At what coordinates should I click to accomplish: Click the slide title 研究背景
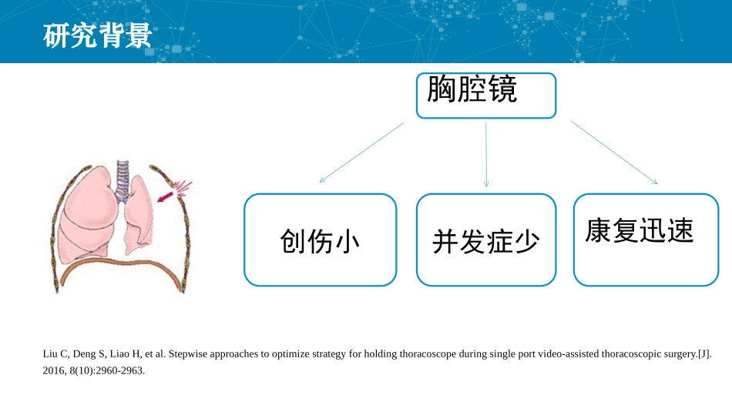(97, 35)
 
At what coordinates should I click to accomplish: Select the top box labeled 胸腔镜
(485, 95)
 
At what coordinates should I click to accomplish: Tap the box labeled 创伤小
(320, 240)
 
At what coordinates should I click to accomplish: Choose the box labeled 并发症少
(485, 240)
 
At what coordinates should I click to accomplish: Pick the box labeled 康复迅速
(646, 239)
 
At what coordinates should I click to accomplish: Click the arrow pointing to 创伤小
(361, 152)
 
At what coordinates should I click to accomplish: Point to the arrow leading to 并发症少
(485, 154)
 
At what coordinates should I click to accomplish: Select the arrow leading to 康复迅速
(614, 152)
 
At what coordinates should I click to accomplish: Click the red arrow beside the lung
(164, 198)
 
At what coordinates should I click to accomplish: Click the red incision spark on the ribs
(182, 188)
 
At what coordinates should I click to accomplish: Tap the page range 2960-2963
(123, 370)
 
